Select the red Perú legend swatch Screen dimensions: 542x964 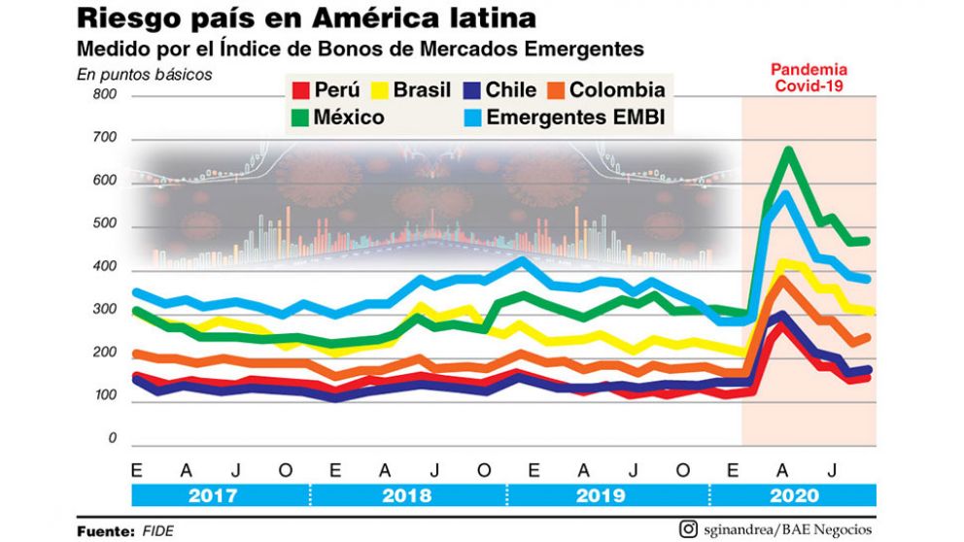(x=301, y=90)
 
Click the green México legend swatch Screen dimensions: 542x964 (x=301, y=118)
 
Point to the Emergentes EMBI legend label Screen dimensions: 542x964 (x=581, y=118)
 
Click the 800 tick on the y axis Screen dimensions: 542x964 (x=105, y=95)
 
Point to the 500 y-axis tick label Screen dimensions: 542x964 (x=105, y=224)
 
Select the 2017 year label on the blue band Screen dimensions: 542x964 (x=212, y=494)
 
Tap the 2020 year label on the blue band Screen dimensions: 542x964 (x=794, y=494)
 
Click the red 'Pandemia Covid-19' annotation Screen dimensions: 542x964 (x=809, y=77)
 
